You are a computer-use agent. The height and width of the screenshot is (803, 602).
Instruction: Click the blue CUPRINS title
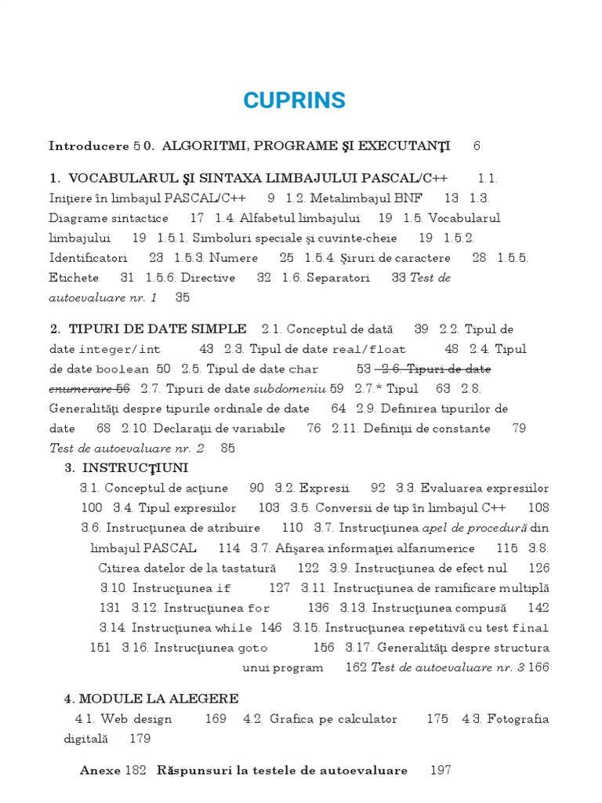tap(294, 101)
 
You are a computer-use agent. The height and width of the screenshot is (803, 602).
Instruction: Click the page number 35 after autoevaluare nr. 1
tap(183, 297)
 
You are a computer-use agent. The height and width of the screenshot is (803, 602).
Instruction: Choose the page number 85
tap(227, 449)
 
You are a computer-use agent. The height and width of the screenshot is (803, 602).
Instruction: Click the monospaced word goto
tap(249, 648)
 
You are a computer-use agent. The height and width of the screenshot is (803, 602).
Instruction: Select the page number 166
tap(539, 667)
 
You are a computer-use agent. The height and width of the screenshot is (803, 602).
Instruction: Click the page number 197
tap(441, 770)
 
